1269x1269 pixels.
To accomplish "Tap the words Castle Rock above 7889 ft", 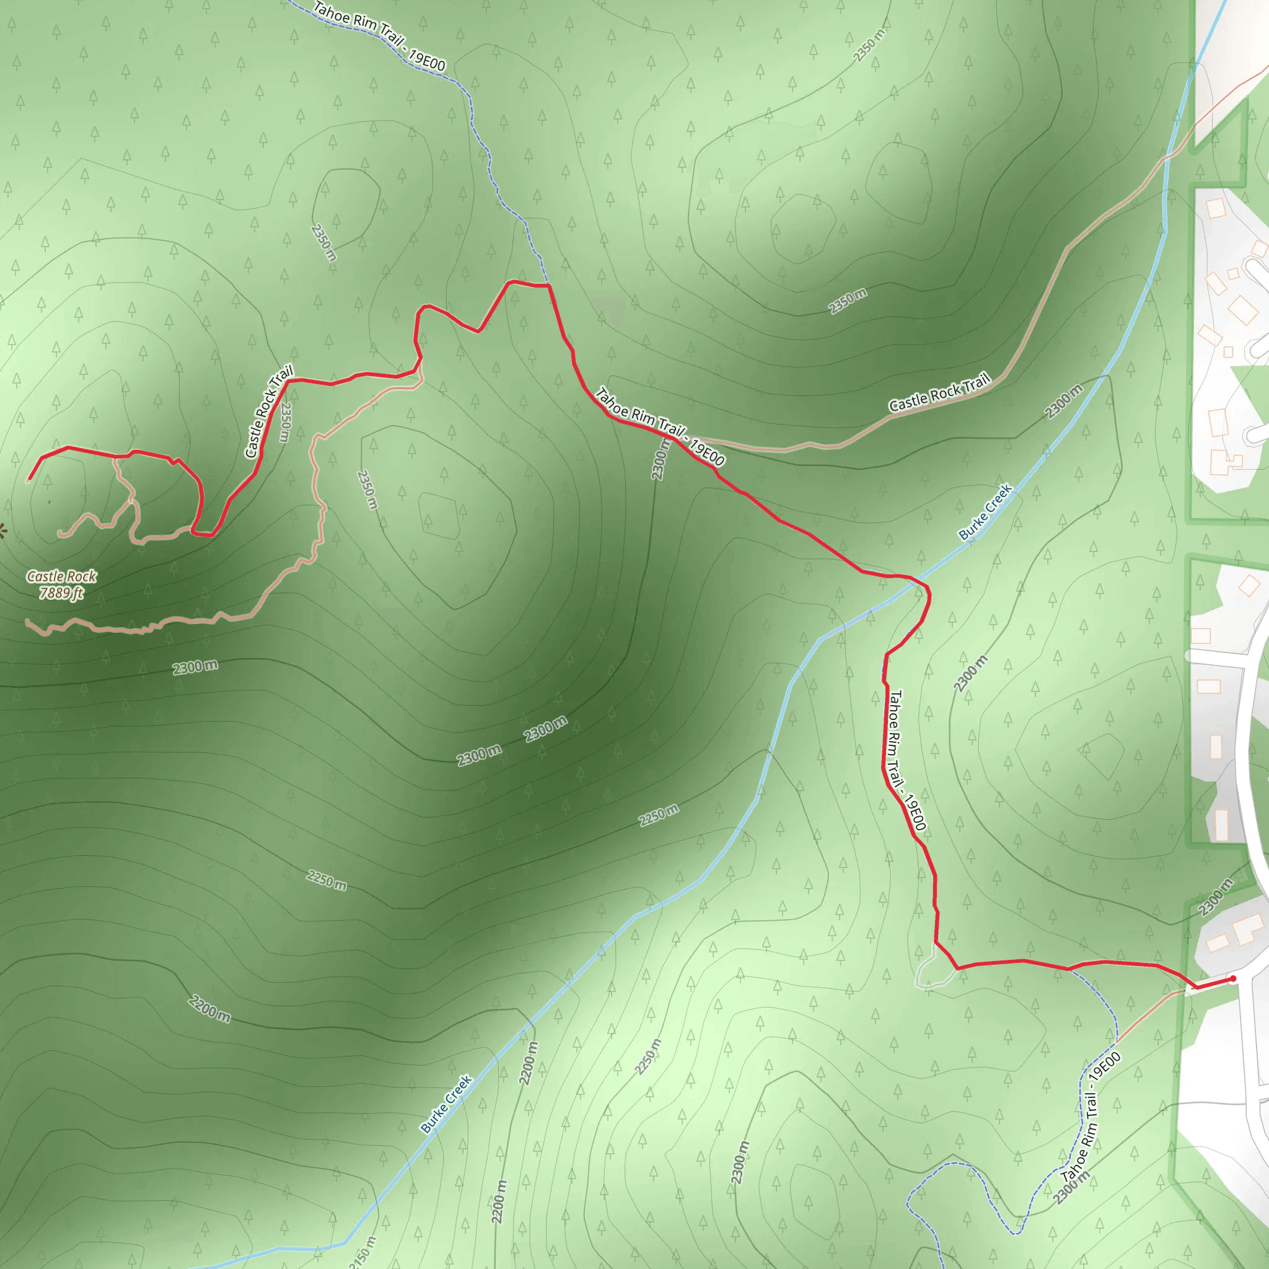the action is tap(61, 576).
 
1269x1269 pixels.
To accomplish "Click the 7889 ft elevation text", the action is tap(61, 593).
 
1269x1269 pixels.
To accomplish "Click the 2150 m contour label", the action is tap(363, 1252).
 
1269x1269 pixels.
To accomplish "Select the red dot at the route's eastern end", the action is tap(1233, 978).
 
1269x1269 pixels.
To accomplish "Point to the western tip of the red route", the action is tap(29, 480).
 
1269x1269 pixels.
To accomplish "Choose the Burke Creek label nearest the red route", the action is tap(985, 512).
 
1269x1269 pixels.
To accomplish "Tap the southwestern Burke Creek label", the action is tap(447, 1104).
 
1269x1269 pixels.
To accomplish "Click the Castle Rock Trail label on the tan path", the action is tap(939, 393).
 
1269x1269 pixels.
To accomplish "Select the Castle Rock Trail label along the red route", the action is tap(269, 412).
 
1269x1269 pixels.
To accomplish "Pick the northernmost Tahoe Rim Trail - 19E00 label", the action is tap(380, 37).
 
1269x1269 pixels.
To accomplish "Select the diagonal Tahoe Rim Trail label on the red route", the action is tap(659, 427).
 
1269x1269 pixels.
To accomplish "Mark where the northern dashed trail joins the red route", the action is tap(548, 286).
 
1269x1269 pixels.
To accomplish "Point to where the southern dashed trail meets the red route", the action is tap(1069, 968).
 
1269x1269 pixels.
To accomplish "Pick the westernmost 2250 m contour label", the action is tap(327, 880).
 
